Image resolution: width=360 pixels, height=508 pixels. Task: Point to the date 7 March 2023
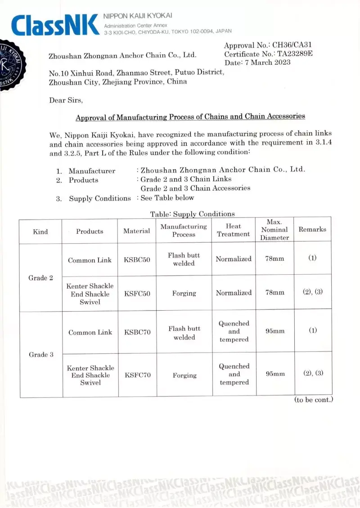click(x=267, y=62)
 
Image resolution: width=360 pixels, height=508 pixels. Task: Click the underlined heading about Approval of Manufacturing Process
click(x=190, y=117)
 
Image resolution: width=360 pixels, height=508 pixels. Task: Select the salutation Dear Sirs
click(x=66, y=100)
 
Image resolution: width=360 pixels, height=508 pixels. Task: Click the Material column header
click(x=137, y=231)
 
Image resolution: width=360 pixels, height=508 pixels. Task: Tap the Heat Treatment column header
click(x=233, y=230)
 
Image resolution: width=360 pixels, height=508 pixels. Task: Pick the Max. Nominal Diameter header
click(x=274, y=230)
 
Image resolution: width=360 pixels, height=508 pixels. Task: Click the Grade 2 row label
click(x=40, y=278)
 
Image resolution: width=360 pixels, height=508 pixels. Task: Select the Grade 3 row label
click(x=41, y=355)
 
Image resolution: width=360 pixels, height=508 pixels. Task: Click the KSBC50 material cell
click(x=137, y=260)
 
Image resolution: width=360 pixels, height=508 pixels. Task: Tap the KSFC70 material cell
click(x=137, y=375)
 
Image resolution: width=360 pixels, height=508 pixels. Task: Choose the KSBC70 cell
click(x=137, y=333)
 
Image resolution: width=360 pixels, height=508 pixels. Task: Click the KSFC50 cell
click(x=137, y=294)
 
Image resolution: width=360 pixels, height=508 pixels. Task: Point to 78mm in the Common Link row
click(x=274, y=259)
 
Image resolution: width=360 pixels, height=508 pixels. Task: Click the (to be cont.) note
click(x=313, y=400)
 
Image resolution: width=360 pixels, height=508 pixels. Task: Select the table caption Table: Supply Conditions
click(x=192, y=214)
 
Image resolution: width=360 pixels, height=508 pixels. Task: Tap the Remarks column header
click(x=312, y=229)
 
